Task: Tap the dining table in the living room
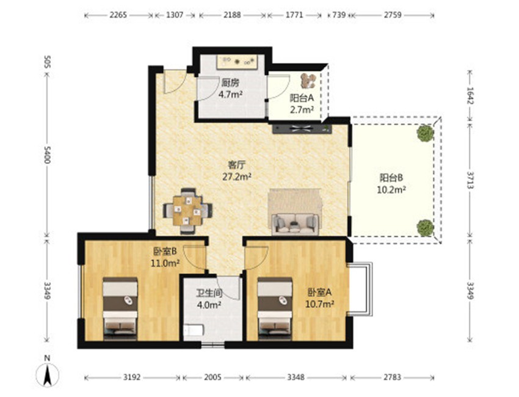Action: click(x=187, y=211)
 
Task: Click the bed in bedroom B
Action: click(x=120, y=309)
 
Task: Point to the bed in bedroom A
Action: click(x=275, y=309)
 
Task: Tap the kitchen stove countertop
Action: click(x=237, y=62)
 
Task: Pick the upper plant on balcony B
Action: click(x=425, y=133)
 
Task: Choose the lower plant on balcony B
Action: click(x=425, y=227)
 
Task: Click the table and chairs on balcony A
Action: click(x=308, y=81)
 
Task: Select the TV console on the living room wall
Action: click(x=302, y=128)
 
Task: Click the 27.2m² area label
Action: click(x=236, y=177)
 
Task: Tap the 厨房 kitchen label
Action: click(x=230, y=82)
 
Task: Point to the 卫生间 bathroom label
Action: click(x=209, y=293)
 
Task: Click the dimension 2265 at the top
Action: click(x=118, y=15)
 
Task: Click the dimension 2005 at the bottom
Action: click(x=212, y=377)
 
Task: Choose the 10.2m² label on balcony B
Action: click(x=391, y=190)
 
